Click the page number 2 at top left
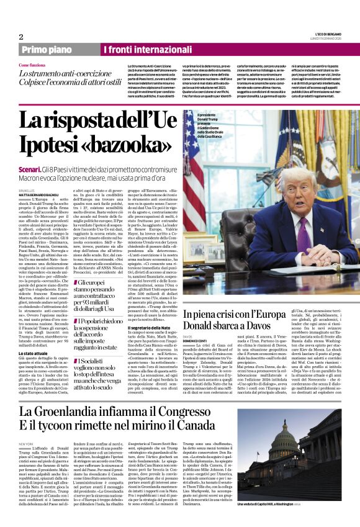pos(21,37)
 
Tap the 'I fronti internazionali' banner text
pos(141,50)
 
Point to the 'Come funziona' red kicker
pos(32,65)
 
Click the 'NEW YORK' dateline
pos(25,444)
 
